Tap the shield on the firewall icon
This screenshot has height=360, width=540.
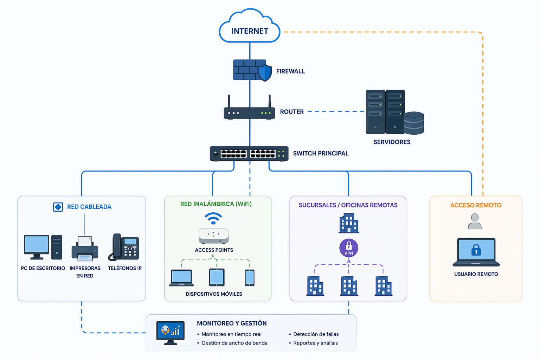(265, 72)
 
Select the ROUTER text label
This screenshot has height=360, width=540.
(292, 112)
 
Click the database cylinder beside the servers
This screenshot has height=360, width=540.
(413, 123)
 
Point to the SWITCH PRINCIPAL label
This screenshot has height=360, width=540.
(321, 153)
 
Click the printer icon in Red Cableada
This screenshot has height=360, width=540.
(85, 249)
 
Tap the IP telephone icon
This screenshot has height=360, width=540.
(124, 247)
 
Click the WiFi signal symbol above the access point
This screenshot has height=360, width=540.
(213, 218)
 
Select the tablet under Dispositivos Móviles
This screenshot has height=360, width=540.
(217, 277)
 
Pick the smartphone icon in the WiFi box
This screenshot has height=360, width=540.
(250, 278)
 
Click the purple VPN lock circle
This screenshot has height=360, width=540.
(348, 248)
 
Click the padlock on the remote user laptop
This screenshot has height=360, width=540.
(476, 250)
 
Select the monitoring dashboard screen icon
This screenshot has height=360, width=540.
(171, 331)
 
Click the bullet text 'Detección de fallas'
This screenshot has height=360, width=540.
(316, 334)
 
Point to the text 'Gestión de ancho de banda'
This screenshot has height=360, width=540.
(234, 343)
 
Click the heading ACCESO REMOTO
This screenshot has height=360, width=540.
(476, 205)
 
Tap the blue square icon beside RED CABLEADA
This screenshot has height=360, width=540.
(58, 207)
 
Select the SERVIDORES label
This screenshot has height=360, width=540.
(392, 142)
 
